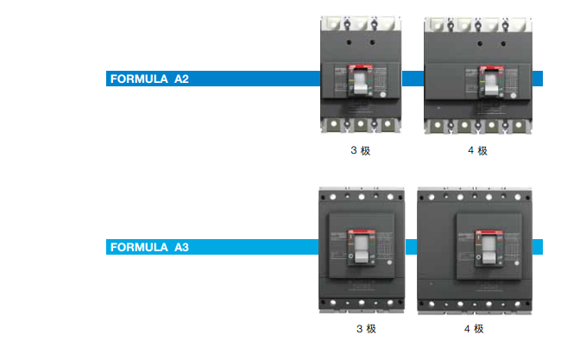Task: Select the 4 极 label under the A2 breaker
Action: pyautogui.click(x=477, y=151)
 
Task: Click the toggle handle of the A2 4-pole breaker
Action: pyautogui.click(x=489, y=84)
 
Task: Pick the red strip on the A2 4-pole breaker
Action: pyautogui.click(x=489, y=66)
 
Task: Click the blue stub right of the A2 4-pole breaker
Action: pyautogui.click(x=537, y=79)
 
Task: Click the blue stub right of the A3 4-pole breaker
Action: pyautogui.click(x=537, y=248)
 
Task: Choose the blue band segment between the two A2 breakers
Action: pyautogui.click(x=413, y=79)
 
